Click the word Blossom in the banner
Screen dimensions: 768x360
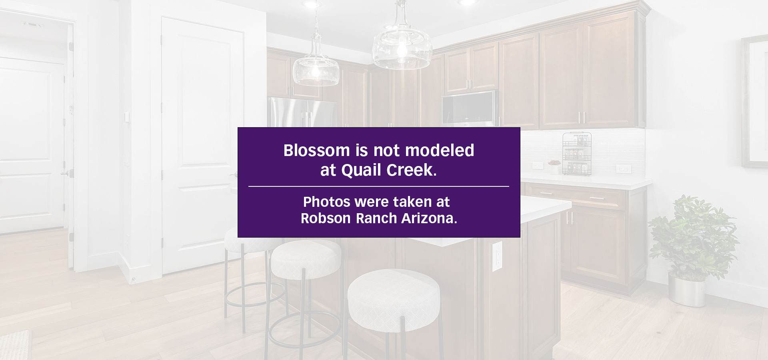coord(316,150)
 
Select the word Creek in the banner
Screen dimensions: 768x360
coord(411,170)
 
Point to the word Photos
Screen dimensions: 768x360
coord(327,202)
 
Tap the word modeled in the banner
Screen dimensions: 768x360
coord(440,150)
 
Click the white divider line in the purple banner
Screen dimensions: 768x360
coord(378,186)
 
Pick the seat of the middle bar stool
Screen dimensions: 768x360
coord(306,259)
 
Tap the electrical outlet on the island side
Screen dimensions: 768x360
coord(497,256)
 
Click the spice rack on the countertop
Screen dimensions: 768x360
coord(577,154)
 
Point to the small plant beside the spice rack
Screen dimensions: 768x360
coord(554,167)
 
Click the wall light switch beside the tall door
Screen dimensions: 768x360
coord(127,117)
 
